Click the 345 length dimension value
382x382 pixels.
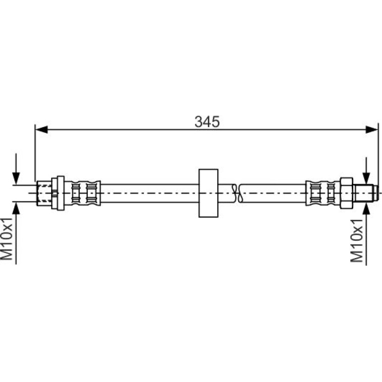(207, 122)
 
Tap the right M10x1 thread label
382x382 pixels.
(356, 241)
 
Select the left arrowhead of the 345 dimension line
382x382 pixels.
(41, 129)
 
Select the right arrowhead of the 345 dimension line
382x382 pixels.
(372, 129)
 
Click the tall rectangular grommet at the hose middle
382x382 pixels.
(208, 193)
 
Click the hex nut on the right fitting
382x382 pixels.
(346, 193)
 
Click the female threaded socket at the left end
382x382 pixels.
(44, 193)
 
